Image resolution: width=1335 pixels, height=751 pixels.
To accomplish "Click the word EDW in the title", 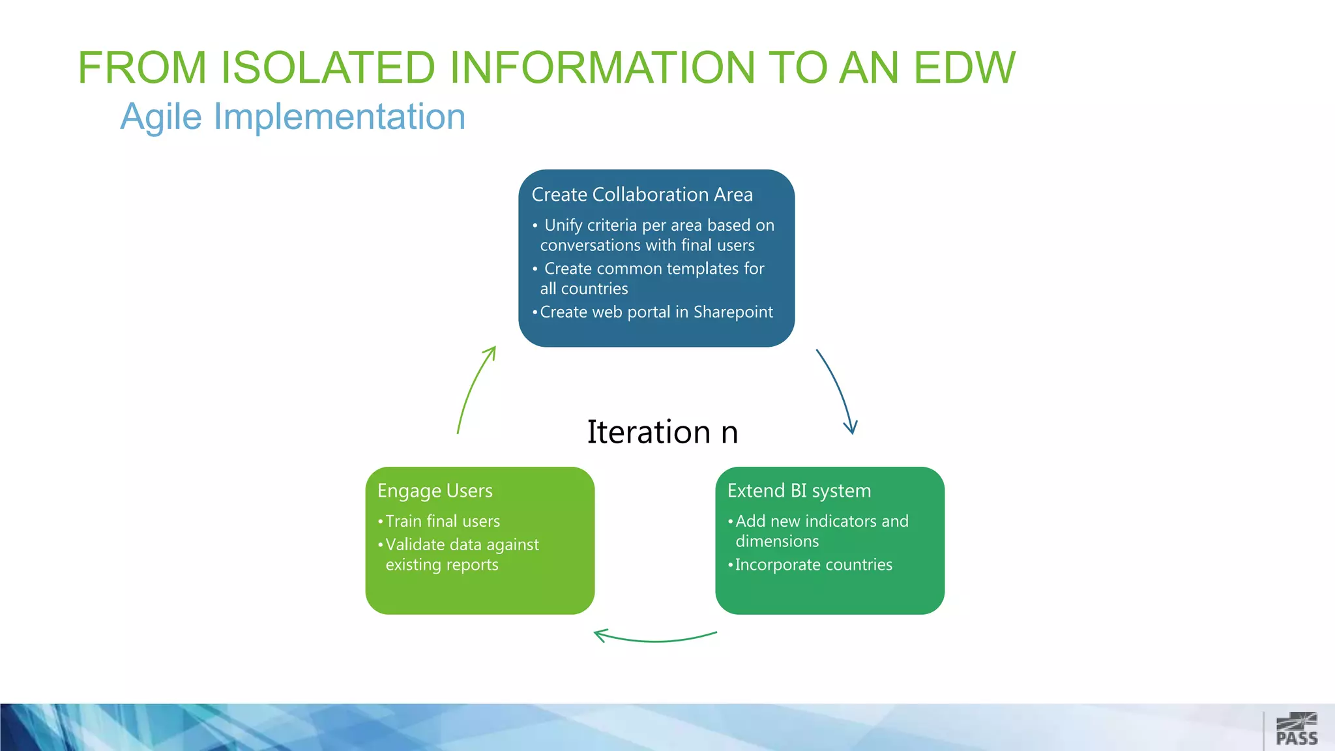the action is tap(964, 68).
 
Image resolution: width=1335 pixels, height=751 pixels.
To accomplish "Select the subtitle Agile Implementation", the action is tap(293, 117).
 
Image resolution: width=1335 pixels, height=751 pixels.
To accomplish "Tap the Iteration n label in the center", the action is tap(662, 432).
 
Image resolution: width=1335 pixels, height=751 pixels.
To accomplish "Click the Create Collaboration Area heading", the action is tap(642, 195).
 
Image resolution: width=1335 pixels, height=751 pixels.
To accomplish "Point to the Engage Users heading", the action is tap(435, 491).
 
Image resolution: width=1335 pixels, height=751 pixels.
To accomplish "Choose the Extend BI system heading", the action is tap(799, 491).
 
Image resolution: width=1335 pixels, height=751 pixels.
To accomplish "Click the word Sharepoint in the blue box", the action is tap(733, 312).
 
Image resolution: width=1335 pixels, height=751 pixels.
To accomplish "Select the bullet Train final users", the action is tap(442, 522).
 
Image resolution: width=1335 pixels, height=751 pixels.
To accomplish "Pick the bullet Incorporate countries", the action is tap(813, 565).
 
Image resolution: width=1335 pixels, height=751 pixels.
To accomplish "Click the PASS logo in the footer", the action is tap(1297, 729).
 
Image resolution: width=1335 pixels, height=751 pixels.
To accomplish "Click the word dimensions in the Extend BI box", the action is tap(777, 542).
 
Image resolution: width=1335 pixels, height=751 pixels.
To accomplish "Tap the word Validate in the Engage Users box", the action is tap(415, 545).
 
